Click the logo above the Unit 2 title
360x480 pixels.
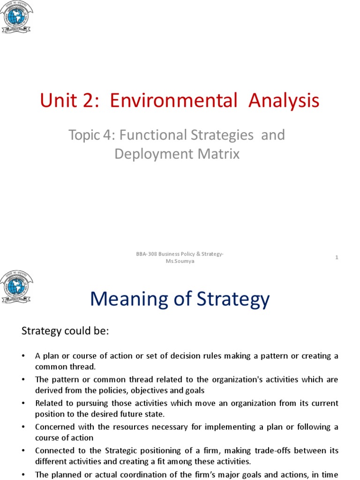pyautogui.click(x=16, y=17)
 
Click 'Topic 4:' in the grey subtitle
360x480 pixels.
pyautogui.click(x=92, y=135)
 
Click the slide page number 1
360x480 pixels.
pyautogui.click(x=337, y=257)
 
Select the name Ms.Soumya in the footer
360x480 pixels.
pyautogui.click(x=180, y=261)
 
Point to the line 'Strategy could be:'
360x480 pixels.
pyautogui.click(x=65, y=331)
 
